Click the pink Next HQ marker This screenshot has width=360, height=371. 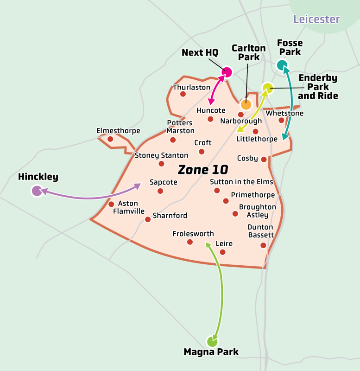pos(227,72)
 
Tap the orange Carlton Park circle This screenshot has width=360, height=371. pos(246,104)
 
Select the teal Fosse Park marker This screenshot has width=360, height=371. pos(282,65)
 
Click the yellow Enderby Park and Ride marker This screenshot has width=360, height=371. pos(267,88)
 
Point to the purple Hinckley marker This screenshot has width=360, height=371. pos(37,190)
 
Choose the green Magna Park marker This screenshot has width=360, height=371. pos(212,342)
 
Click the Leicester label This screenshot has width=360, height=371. pos(316,19)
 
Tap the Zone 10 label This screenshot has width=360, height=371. pos(200,170)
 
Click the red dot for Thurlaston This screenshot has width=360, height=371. pos(183,94)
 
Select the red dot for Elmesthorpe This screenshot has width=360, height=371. pos(110,139)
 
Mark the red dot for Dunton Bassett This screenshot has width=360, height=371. pos(263,245)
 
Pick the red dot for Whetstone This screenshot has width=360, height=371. pos(281,120)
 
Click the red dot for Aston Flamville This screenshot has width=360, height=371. pos(111,204)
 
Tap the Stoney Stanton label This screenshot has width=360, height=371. pos(161,155)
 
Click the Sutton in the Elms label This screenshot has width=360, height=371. pos(241,182)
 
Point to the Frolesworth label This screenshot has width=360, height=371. pos(193,234)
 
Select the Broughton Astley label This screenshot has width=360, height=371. pos(257,211)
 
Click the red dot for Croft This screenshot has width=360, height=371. pos(202,152)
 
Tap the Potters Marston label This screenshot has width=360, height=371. pos(180,127)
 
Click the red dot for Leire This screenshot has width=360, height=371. pos(222,252)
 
